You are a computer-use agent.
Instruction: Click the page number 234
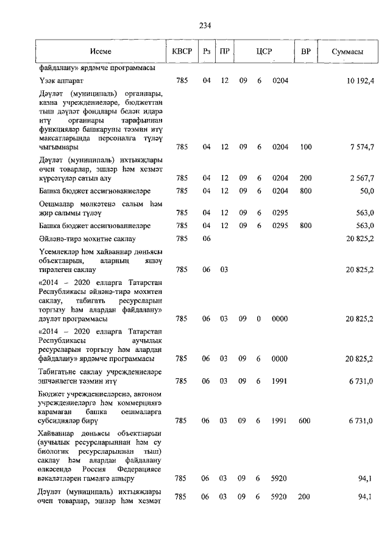pyautogui.click(x=205, y=25)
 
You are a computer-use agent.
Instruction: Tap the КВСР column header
pyautogui.click(x=182, y=52)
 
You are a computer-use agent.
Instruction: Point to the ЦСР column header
pyautogui.click(x=263, y=52)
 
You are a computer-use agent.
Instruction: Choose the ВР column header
pyautogui.click(x=305, y=52)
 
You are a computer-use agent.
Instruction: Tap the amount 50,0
pyautogui.click(x=366, y=191)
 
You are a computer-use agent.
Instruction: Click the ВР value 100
pyautogui.click(x=305, y=147)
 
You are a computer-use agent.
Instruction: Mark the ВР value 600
pyautogui.click(x=305, y=421)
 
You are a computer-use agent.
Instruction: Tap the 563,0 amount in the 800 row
pyautogui.click(x=364, y=226)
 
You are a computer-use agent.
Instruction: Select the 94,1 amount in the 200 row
pyautogui.click(x=366, y=497)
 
